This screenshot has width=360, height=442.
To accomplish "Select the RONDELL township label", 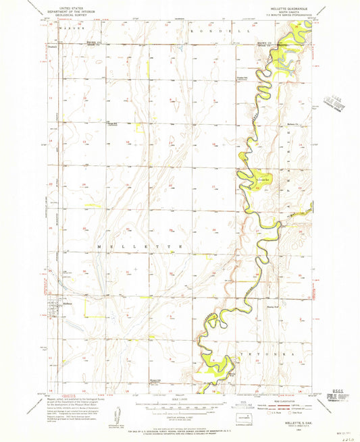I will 217,31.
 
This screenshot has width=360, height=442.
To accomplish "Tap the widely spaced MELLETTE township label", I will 140,248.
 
